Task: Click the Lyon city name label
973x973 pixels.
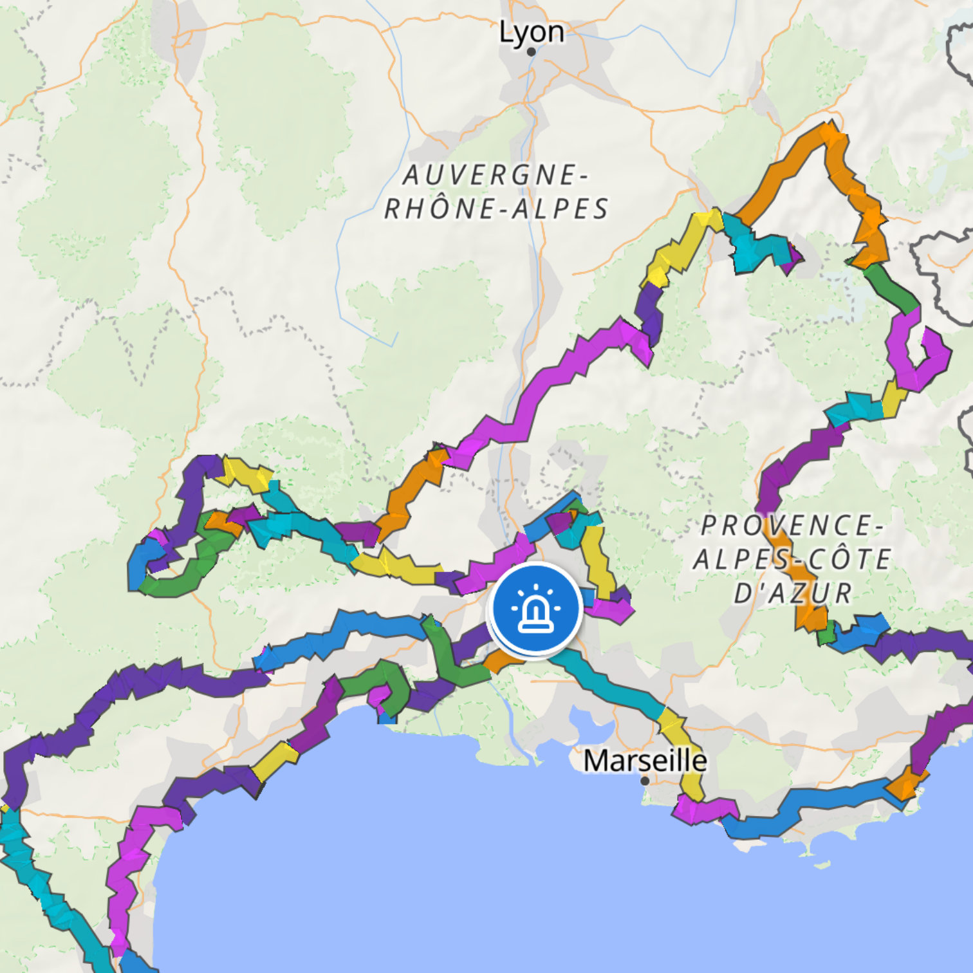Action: (532, 32)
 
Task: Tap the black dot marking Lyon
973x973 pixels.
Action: (532, 52)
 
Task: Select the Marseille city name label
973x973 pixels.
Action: (645, 761)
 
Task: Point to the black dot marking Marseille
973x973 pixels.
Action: (645, 781)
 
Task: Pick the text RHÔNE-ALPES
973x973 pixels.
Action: (496, 209)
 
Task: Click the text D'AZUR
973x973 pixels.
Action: (793, 593)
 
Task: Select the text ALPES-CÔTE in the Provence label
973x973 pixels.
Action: (792, 559)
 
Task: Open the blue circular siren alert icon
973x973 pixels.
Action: (535, 609)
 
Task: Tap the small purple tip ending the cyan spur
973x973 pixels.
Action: (793, 256)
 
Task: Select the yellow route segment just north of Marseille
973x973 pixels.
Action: (682, 746)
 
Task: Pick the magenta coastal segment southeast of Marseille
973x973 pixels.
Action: (705, 810)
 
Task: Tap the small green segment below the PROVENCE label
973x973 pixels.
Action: (826, 633)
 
